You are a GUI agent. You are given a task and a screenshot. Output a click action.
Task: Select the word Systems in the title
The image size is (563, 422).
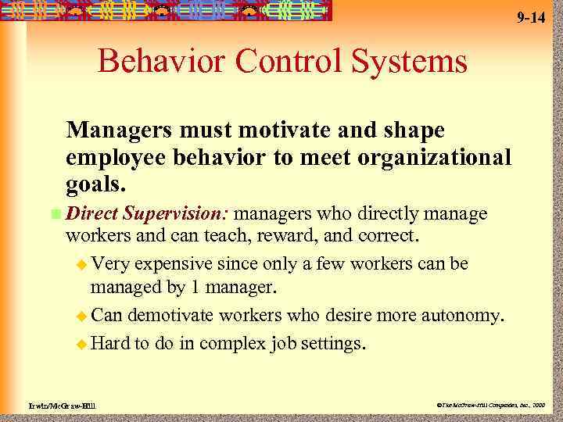click(401, 61)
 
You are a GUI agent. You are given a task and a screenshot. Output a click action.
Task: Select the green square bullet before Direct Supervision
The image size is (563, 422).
click(54, 214)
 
